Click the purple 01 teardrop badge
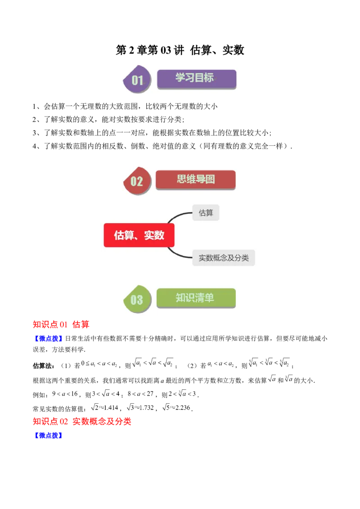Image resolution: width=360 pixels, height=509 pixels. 136,80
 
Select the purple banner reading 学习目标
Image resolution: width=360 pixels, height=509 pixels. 196,78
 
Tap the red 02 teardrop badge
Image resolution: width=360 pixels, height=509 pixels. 136,181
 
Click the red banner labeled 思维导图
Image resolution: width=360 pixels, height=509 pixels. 195,179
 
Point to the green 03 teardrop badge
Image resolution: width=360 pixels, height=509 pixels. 136,299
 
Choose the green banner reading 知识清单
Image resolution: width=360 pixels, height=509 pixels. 196,298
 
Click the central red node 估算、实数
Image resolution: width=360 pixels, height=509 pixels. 139,235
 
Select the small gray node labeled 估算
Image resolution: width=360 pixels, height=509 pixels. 206,213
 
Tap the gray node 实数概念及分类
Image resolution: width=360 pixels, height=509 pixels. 224,258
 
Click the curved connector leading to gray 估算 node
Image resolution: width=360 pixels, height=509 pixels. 178,216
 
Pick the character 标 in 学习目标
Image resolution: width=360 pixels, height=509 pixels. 209,77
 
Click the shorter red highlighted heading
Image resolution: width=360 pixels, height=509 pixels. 61,325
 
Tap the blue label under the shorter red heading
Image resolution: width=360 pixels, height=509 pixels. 48,338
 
